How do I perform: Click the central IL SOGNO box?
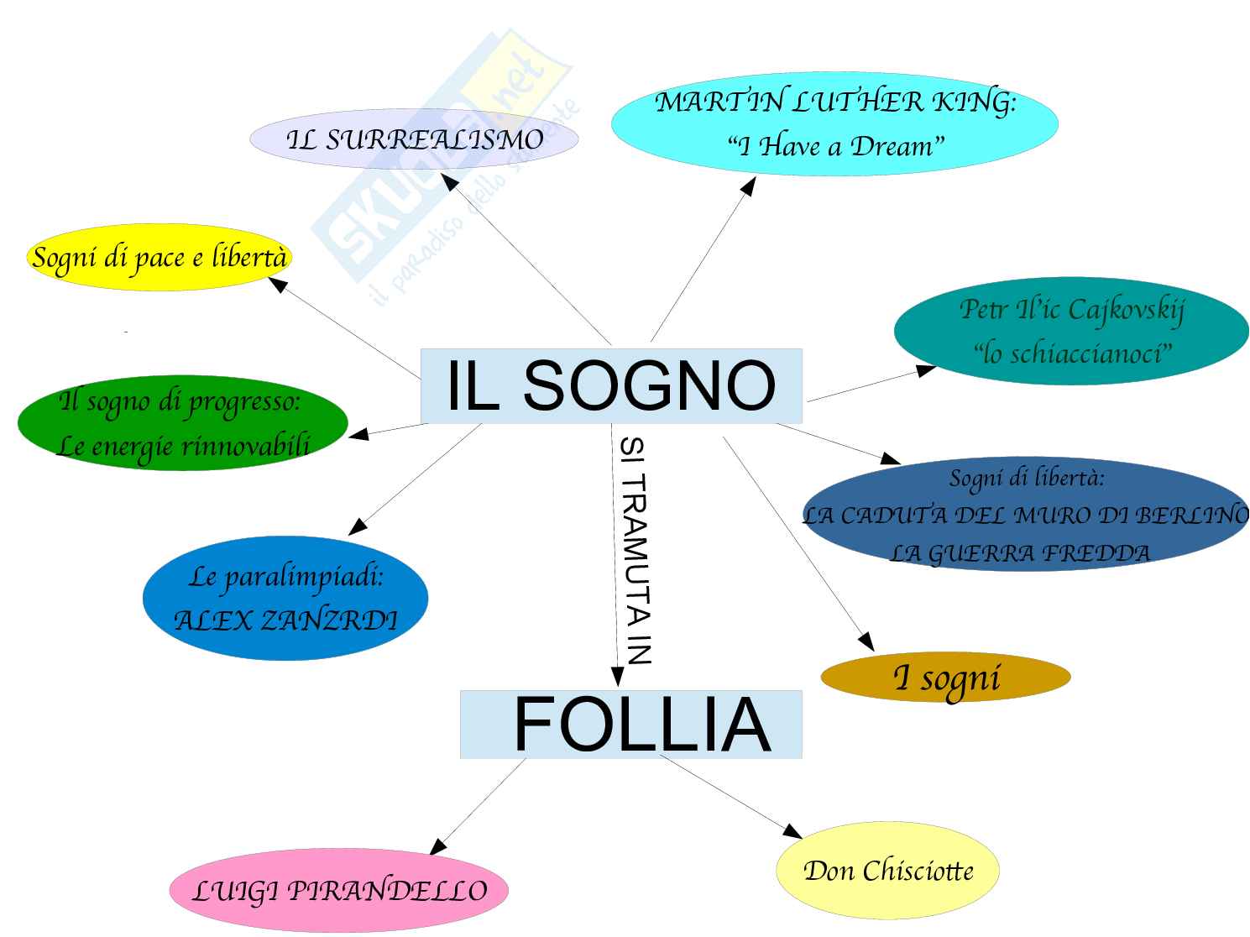(611, 385)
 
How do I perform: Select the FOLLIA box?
(630, 725)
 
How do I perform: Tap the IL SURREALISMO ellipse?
(414, 139)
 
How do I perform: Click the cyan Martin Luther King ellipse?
(834, 123)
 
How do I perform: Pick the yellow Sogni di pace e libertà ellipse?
(159, 257)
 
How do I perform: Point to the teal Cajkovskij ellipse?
(1071, 332)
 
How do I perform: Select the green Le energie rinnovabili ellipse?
(182, 422)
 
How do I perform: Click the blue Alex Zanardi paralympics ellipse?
(285, 599)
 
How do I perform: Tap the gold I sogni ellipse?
(945, 678)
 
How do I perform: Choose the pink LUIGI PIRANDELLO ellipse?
(339, 891)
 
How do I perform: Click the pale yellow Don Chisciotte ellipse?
(888, 871)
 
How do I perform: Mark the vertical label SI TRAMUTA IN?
(635, 550)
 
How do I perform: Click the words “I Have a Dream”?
(835, 147)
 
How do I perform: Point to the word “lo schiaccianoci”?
(1072, 353)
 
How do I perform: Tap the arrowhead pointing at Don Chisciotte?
(793, 832)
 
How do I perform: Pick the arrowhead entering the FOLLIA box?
(617, 677)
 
